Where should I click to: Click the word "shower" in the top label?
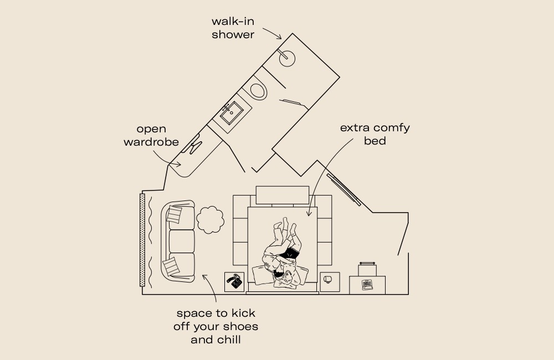(233, 35)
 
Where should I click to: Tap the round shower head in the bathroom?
(287, 57)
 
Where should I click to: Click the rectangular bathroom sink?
(230, 113)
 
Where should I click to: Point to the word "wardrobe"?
(151, 142)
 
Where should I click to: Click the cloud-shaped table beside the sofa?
(209, 219)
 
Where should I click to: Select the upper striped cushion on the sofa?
(175, 214)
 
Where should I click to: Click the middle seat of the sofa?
(182, 241)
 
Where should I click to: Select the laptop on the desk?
(367, 285)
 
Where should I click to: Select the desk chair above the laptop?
(367, 269)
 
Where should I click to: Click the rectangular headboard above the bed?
(282, 195)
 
